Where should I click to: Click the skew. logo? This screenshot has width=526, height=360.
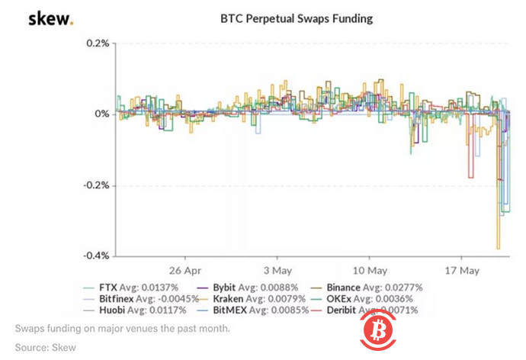51,18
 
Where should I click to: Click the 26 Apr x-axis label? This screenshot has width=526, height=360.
184,271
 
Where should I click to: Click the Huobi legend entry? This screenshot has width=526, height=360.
129,310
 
